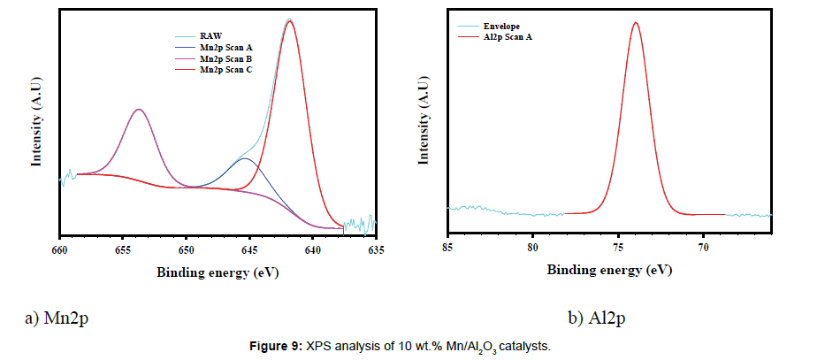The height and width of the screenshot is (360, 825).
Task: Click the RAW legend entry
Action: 210,36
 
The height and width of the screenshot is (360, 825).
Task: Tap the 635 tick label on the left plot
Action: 376,249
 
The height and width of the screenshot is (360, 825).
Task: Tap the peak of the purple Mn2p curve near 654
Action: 138,109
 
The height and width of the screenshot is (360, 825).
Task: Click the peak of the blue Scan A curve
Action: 245,158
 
